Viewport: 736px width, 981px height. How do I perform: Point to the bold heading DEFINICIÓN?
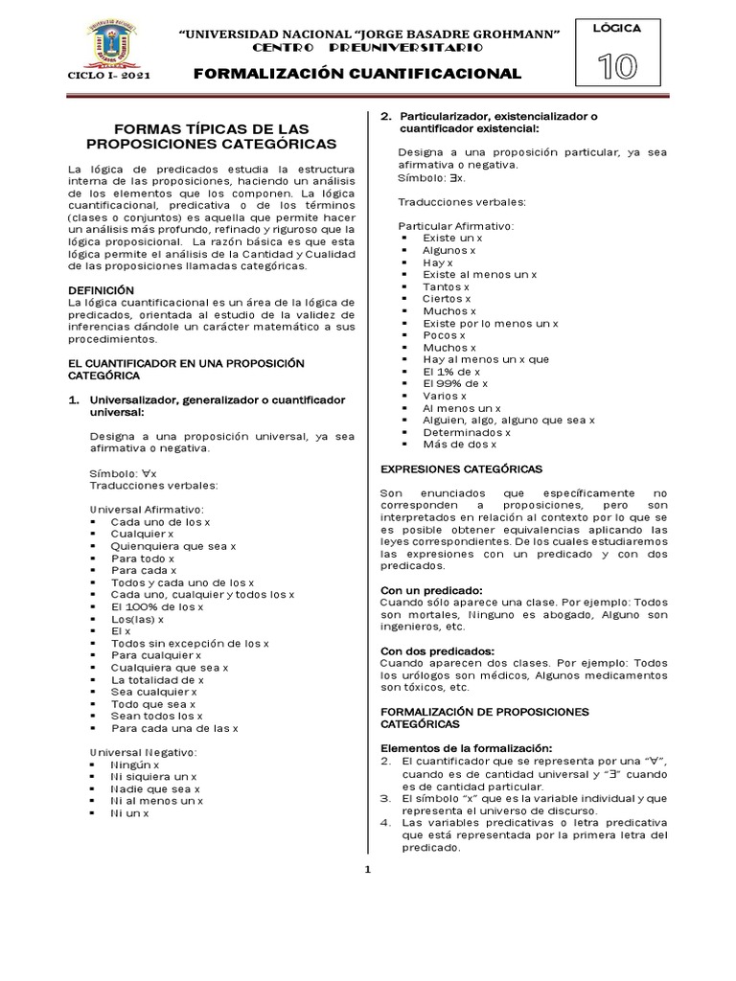click(x=101, y=289)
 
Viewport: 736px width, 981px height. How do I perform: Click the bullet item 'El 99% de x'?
click(x=455, y=382)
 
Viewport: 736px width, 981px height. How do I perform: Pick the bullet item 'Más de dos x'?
click(x=459, y=444)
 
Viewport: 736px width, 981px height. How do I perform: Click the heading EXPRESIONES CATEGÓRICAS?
click(x=462, y=468)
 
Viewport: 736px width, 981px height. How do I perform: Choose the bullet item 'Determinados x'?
click(x=467, y=431)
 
